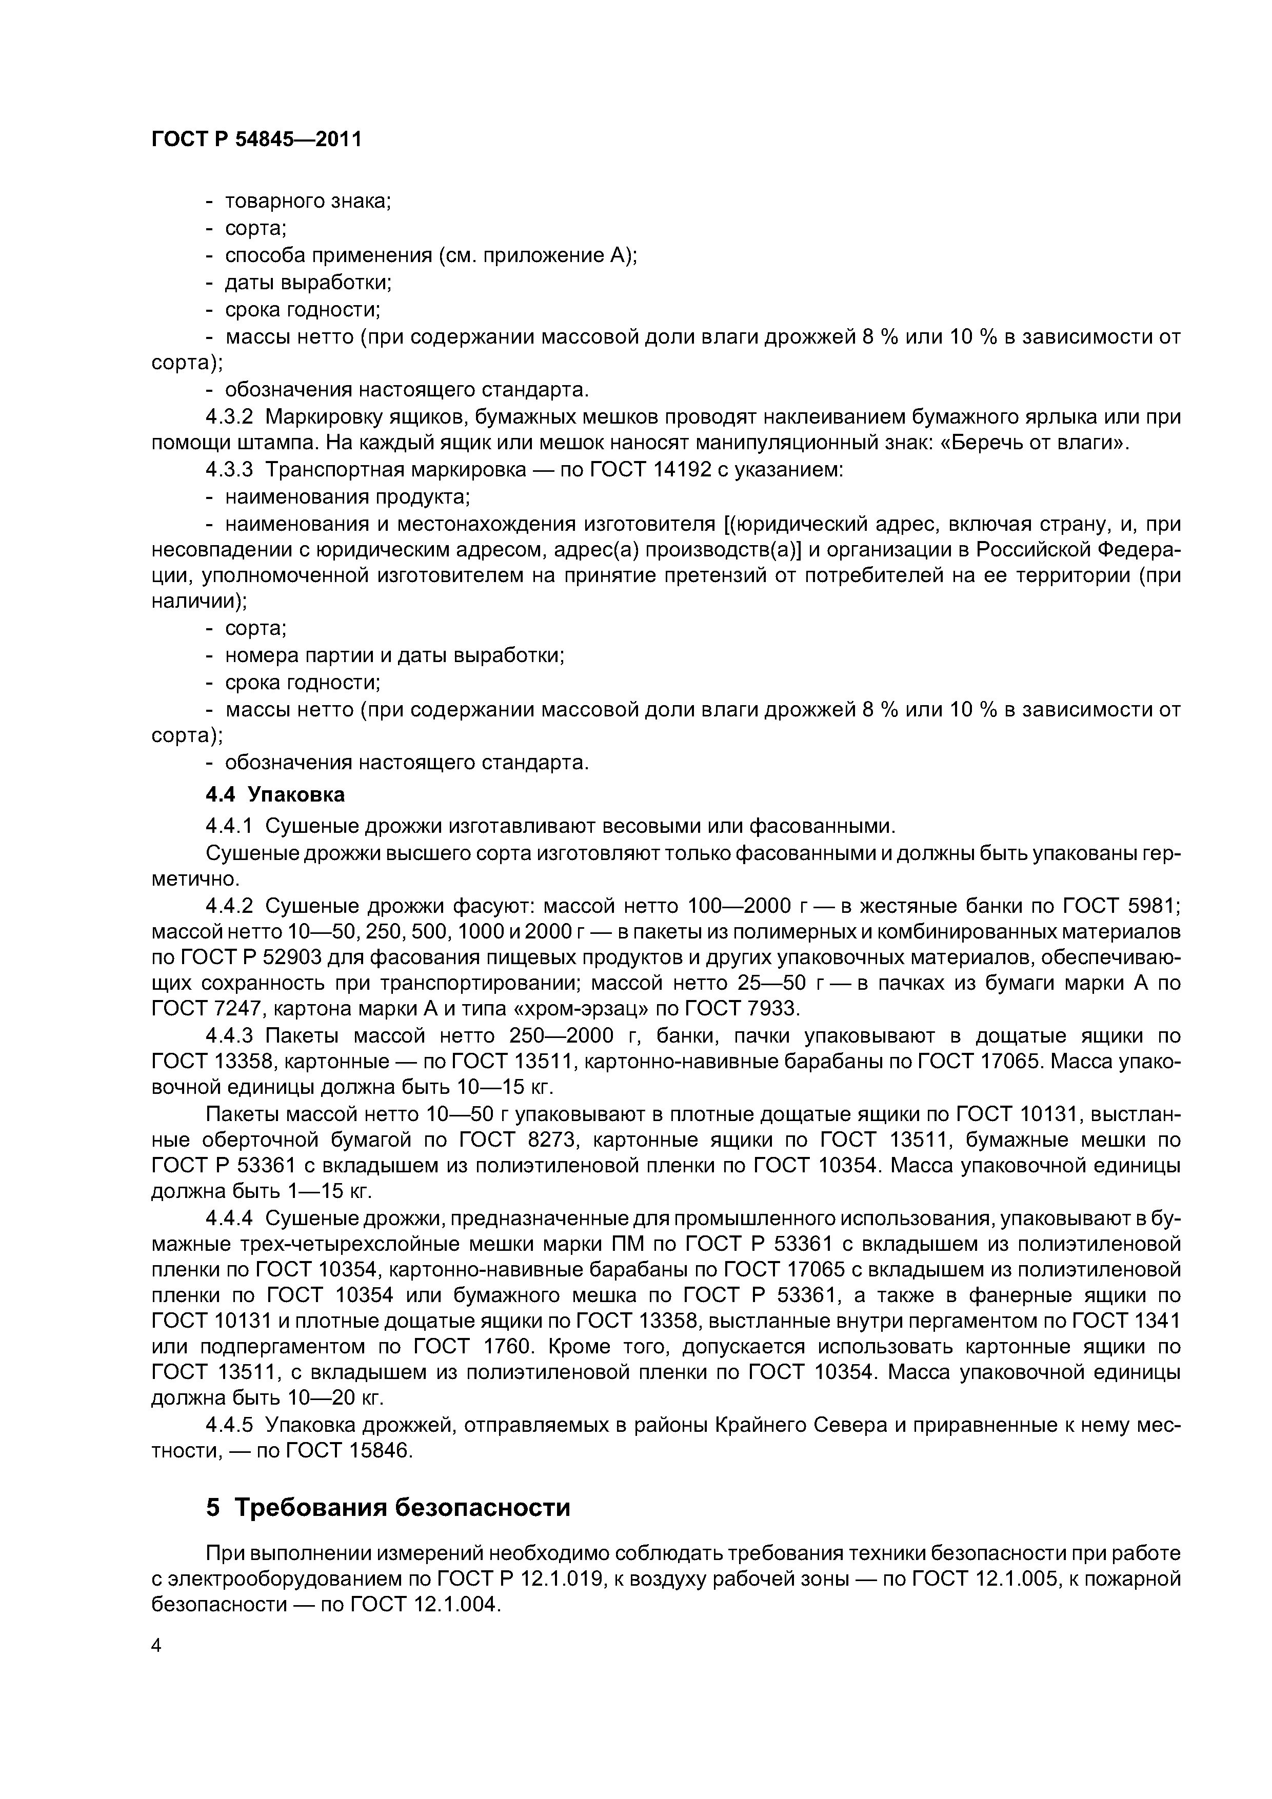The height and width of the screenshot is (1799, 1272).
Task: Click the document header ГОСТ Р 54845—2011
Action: [x=256, y=139]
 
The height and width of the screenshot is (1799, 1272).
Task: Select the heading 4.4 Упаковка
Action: [x=274, y=794]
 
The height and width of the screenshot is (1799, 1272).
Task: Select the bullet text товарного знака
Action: [x=308, y=202]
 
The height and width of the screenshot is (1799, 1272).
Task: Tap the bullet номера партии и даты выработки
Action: [x=394, y=655]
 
